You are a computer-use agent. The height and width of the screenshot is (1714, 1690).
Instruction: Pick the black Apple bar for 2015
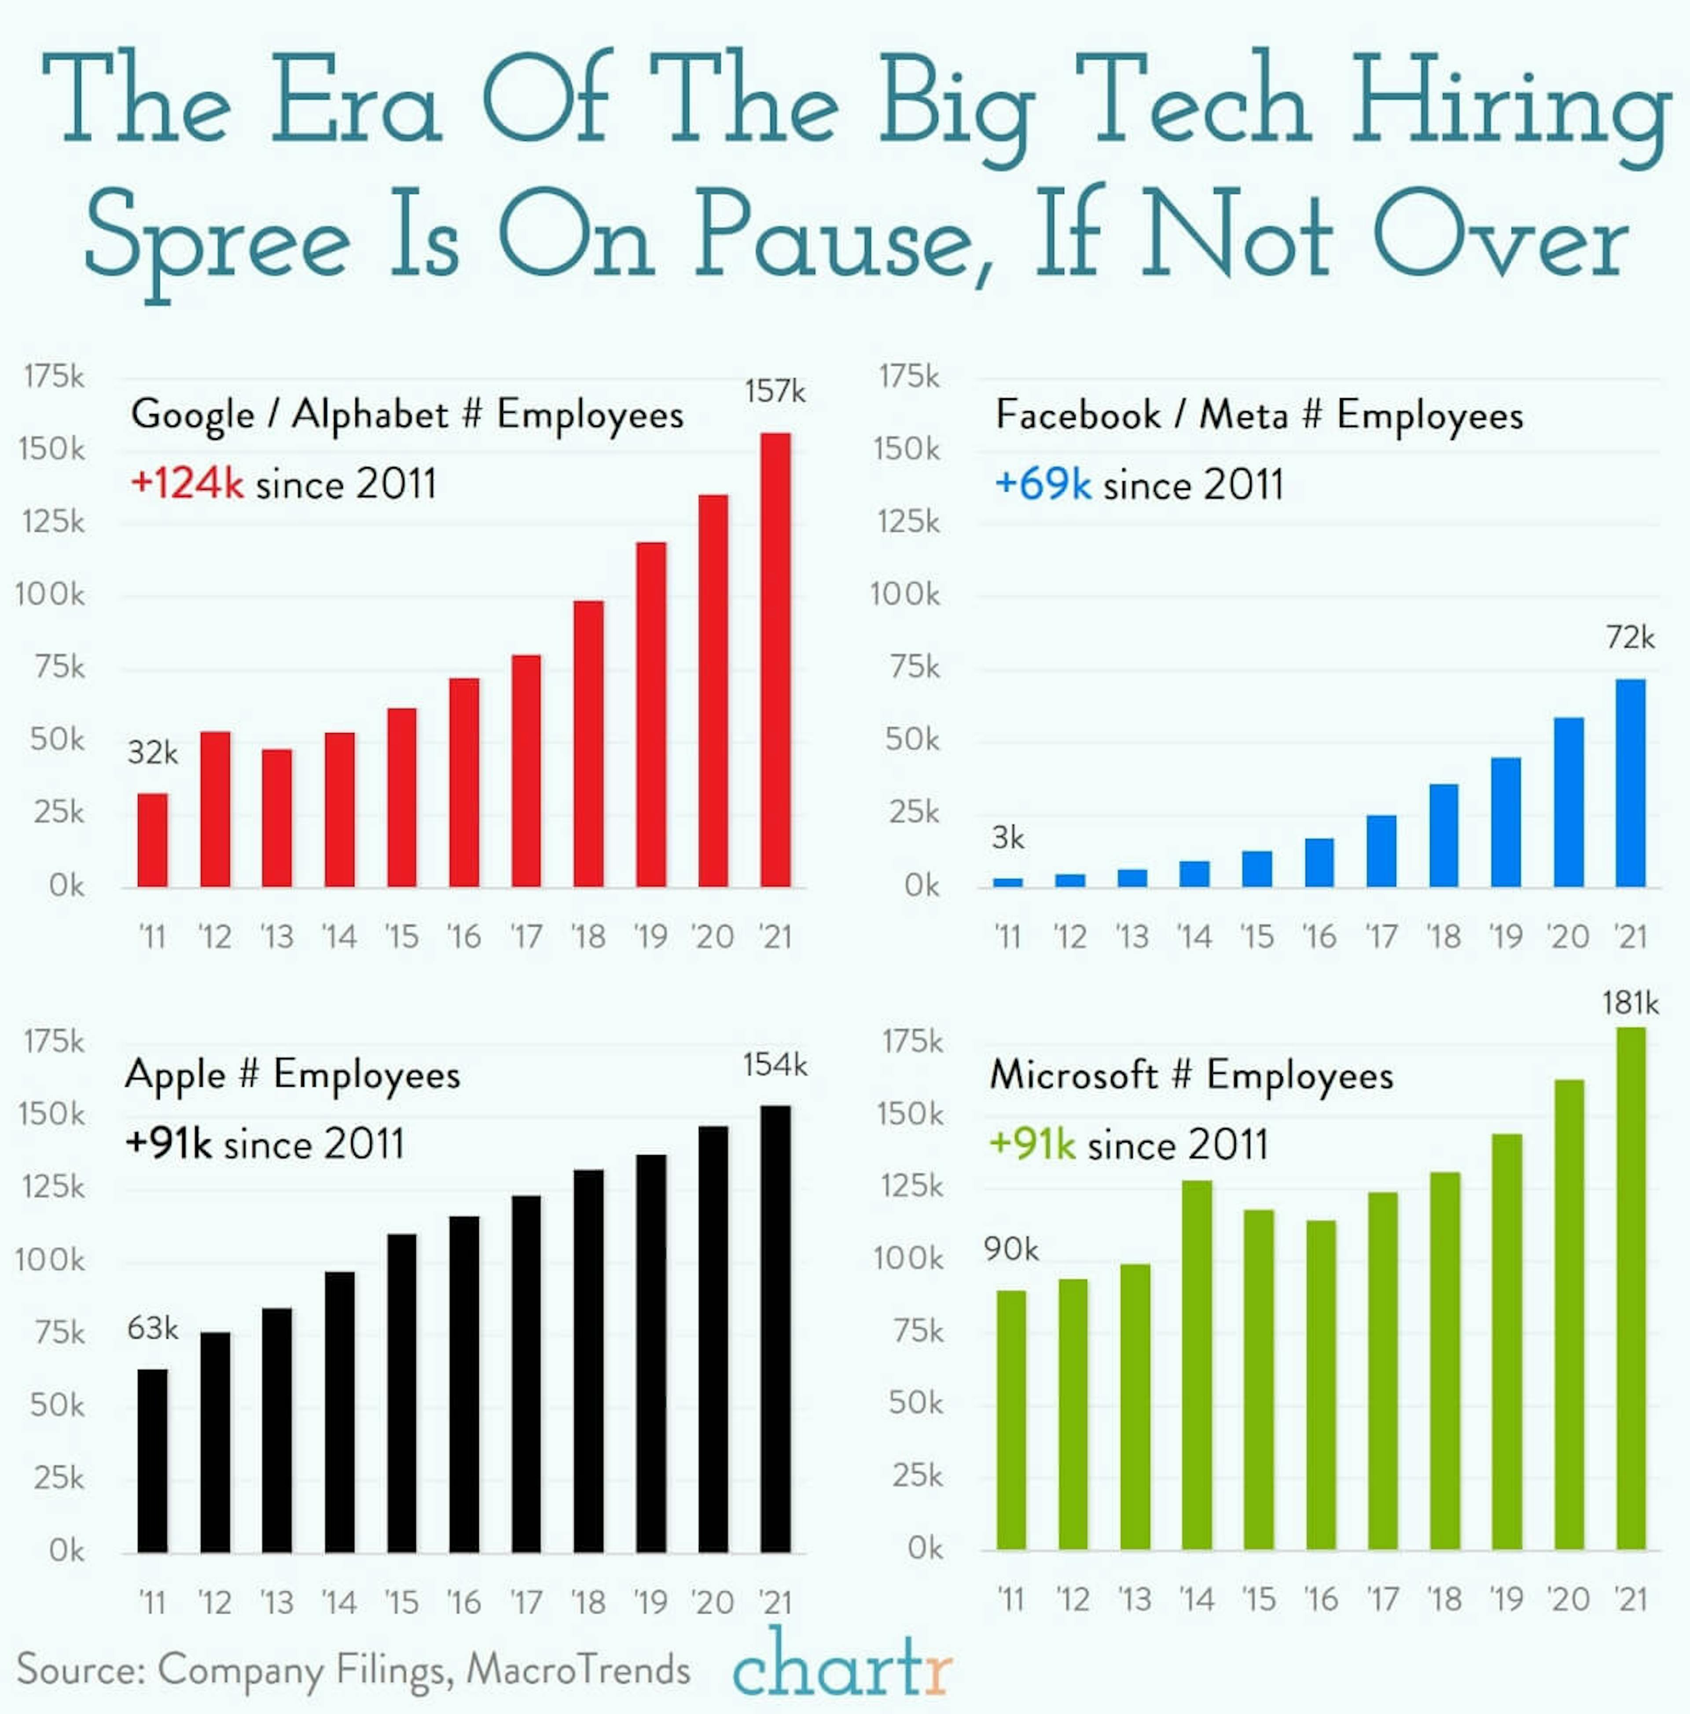pos(402,1393)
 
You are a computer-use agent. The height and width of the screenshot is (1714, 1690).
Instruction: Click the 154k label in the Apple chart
pos(775,1064)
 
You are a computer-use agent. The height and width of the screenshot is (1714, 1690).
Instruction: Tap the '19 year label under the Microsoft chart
pos(1506,1600)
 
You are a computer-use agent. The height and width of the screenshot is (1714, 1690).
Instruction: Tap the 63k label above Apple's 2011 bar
pos(153,1328)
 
